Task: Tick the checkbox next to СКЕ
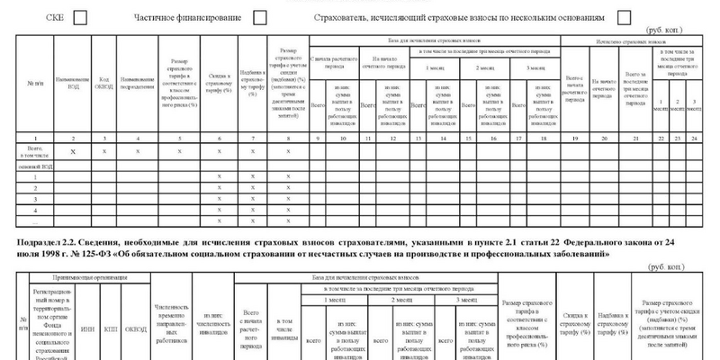80,17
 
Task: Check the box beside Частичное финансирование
260,17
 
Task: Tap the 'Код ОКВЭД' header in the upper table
106,80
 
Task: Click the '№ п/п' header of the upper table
32,80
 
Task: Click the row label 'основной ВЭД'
32,166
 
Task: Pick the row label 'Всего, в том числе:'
32,152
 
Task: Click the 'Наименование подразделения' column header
137,80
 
